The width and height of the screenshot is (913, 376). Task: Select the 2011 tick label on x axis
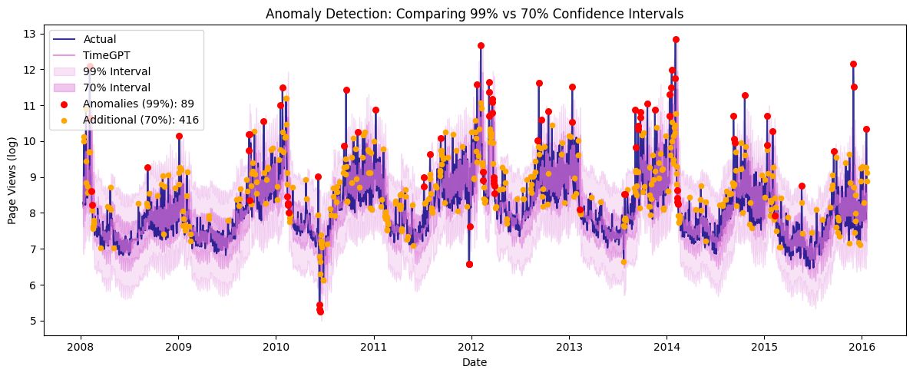(373, 345)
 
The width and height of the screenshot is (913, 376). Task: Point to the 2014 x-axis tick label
(666, 345)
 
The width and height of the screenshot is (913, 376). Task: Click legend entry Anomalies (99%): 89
(135, 104)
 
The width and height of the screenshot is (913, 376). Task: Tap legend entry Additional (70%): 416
(135, 120)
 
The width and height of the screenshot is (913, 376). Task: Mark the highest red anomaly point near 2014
(676, 39)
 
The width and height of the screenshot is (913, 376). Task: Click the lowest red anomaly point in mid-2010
(320, 312)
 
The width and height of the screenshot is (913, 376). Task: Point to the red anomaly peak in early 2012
(481, 45)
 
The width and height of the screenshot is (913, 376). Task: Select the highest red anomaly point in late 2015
(853, 64)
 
